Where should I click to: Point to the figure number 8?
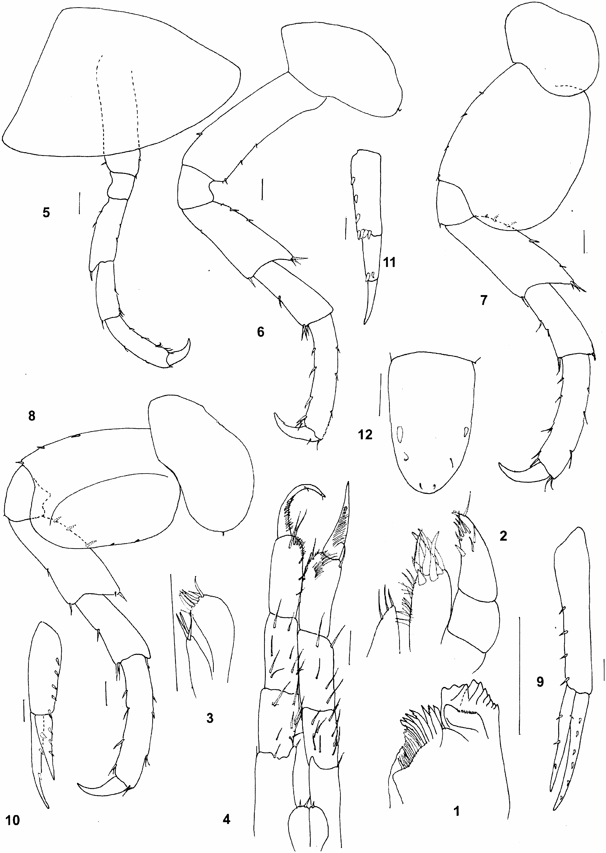point(32,416)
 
